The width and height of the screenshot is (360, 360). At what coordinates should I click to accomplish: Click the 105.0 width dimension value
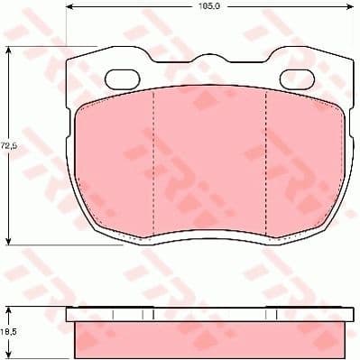[x=209, y=6]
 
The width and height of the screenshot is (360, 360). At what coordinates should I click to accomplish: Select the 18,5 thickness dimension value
[x=7, y=331]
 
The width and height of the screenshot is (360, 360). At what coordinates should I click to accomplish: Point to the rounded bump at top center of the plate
[x=208, y=61]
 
